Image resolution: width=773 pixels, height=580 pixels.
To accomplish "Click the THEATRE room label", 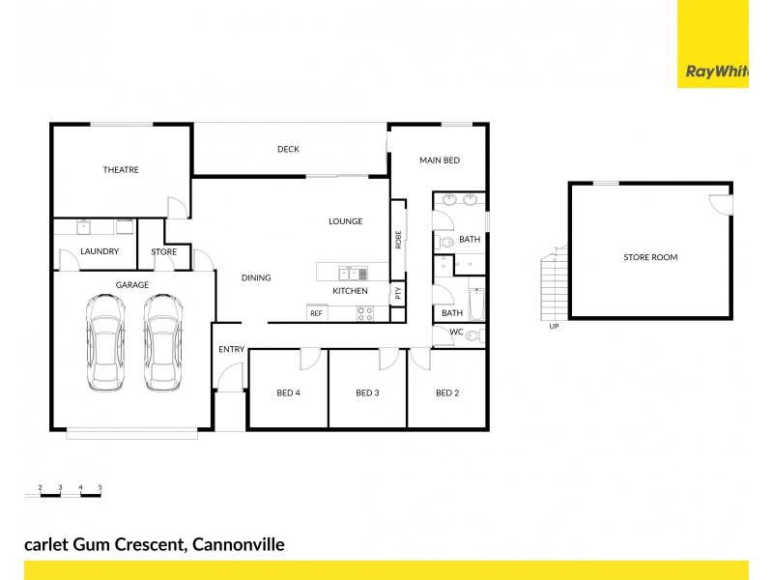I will pos(121,170).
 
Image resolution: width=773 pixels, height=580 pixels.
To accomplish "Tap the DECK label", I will pos(288,149).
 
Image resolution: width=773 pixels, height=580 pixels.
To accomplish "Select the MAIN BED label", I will pos(439,159).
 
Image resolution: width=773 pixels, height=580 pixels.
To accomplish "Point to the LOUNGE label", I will pos(345,221).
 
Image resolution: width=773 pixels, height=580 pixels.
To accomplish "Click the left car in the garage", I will pos(104,342).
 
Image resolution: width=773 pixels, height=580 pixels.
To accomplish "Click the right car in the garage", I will pos(162,342).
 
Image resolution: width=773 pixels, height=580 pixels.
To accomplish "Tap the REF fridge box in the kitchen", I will pos(316,313).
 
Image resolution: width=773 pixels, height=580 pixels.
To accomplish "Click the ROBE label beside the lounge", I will pos(398,239).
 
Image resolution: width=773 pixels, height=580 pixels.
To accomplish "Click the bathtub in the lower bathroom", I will pos(476,304).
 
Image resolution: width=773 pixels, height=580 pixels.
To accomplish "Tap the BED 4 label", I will pos(288,392).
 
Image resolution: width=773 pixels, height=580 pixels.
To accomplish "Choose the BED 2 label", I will pos(445,392).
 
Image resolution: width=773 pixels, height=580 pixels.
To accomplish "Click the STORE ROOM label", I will pos(650,257).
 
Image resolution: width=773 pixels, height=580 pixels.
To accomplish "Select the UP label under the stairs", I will pos(554,327).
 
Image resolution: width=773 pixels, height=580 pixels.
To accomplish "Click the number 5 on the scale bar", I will pos(100,486).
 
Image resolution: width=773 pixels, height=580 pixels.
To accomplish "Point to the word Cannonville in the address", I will pos(239,544).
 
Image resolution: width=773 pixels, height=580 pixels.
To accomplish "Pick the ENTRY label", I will pos(231,349).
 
